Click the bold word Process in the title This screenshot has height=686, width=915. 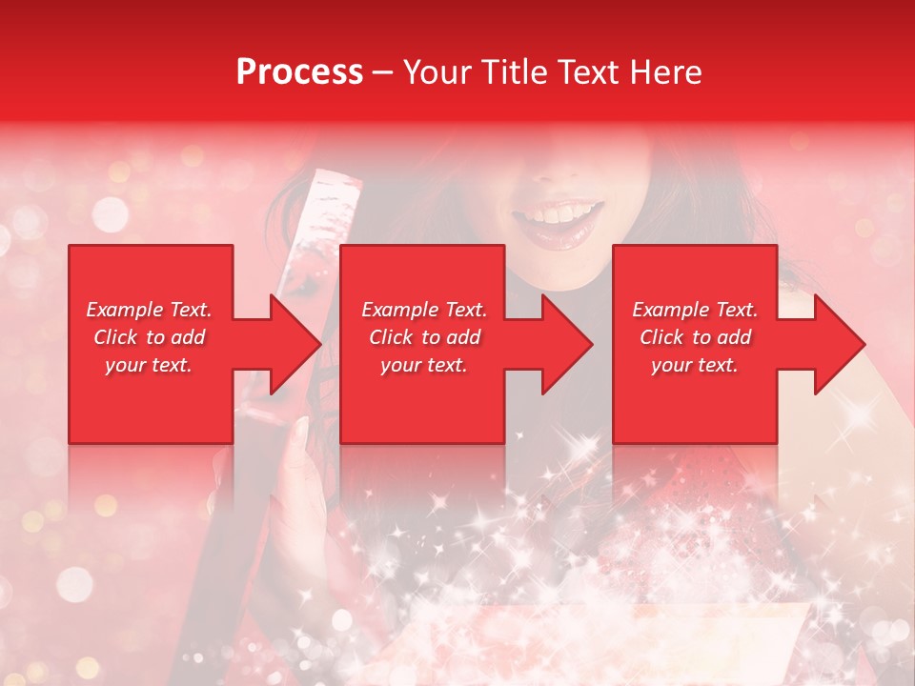tap(299, 72)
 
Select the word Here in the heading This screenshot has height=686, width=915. tap(664, 72)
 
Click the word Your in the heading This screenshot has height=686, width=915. tap(437, 72)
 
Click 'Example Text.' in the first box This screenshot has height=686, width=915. tap(149, 310)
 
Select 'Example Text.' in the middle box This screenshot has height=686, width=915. tap(424, 310)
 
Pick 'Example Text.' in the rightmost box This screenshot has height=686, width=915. tap(695, 310)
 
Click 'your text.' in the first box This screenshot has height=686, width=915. tap(149, 365)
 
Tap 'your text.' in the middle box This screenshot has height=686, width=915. tap(424, 365)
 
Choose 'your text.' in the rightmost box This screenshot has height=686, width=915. tap(695, 365)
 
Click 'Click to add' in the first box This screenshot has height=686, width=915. tap(149, 337)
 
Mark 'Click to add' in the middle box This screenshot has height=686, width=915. tap(424, 337)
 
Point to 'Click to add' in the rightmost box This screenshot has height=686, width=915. tap(695, 337)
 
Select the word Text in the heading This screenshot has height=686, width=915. tap(584, 72)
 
